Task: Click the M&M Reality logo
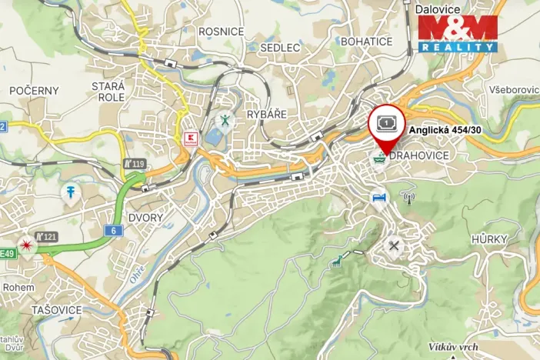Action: (x=458, y=34)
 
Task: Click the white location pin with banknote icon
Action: (x=385, y=124)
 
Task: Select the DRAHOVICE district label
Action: (x=418, y=155)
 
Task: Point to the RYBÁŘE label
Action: (x=267, y=114)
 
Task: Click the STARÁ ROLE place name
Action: (x=108, y=92)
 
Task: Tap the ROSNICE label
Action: (x=221, y=32)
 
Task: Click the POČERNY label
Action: (x=34, y=91)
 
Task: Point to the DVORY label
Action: (x=145, y=218)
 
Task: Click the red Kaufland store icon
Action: (x=192, y=139)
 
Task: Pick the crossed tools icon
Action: (x=395, y=246)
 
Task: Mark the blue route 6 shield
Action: (x=115, y=230)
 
